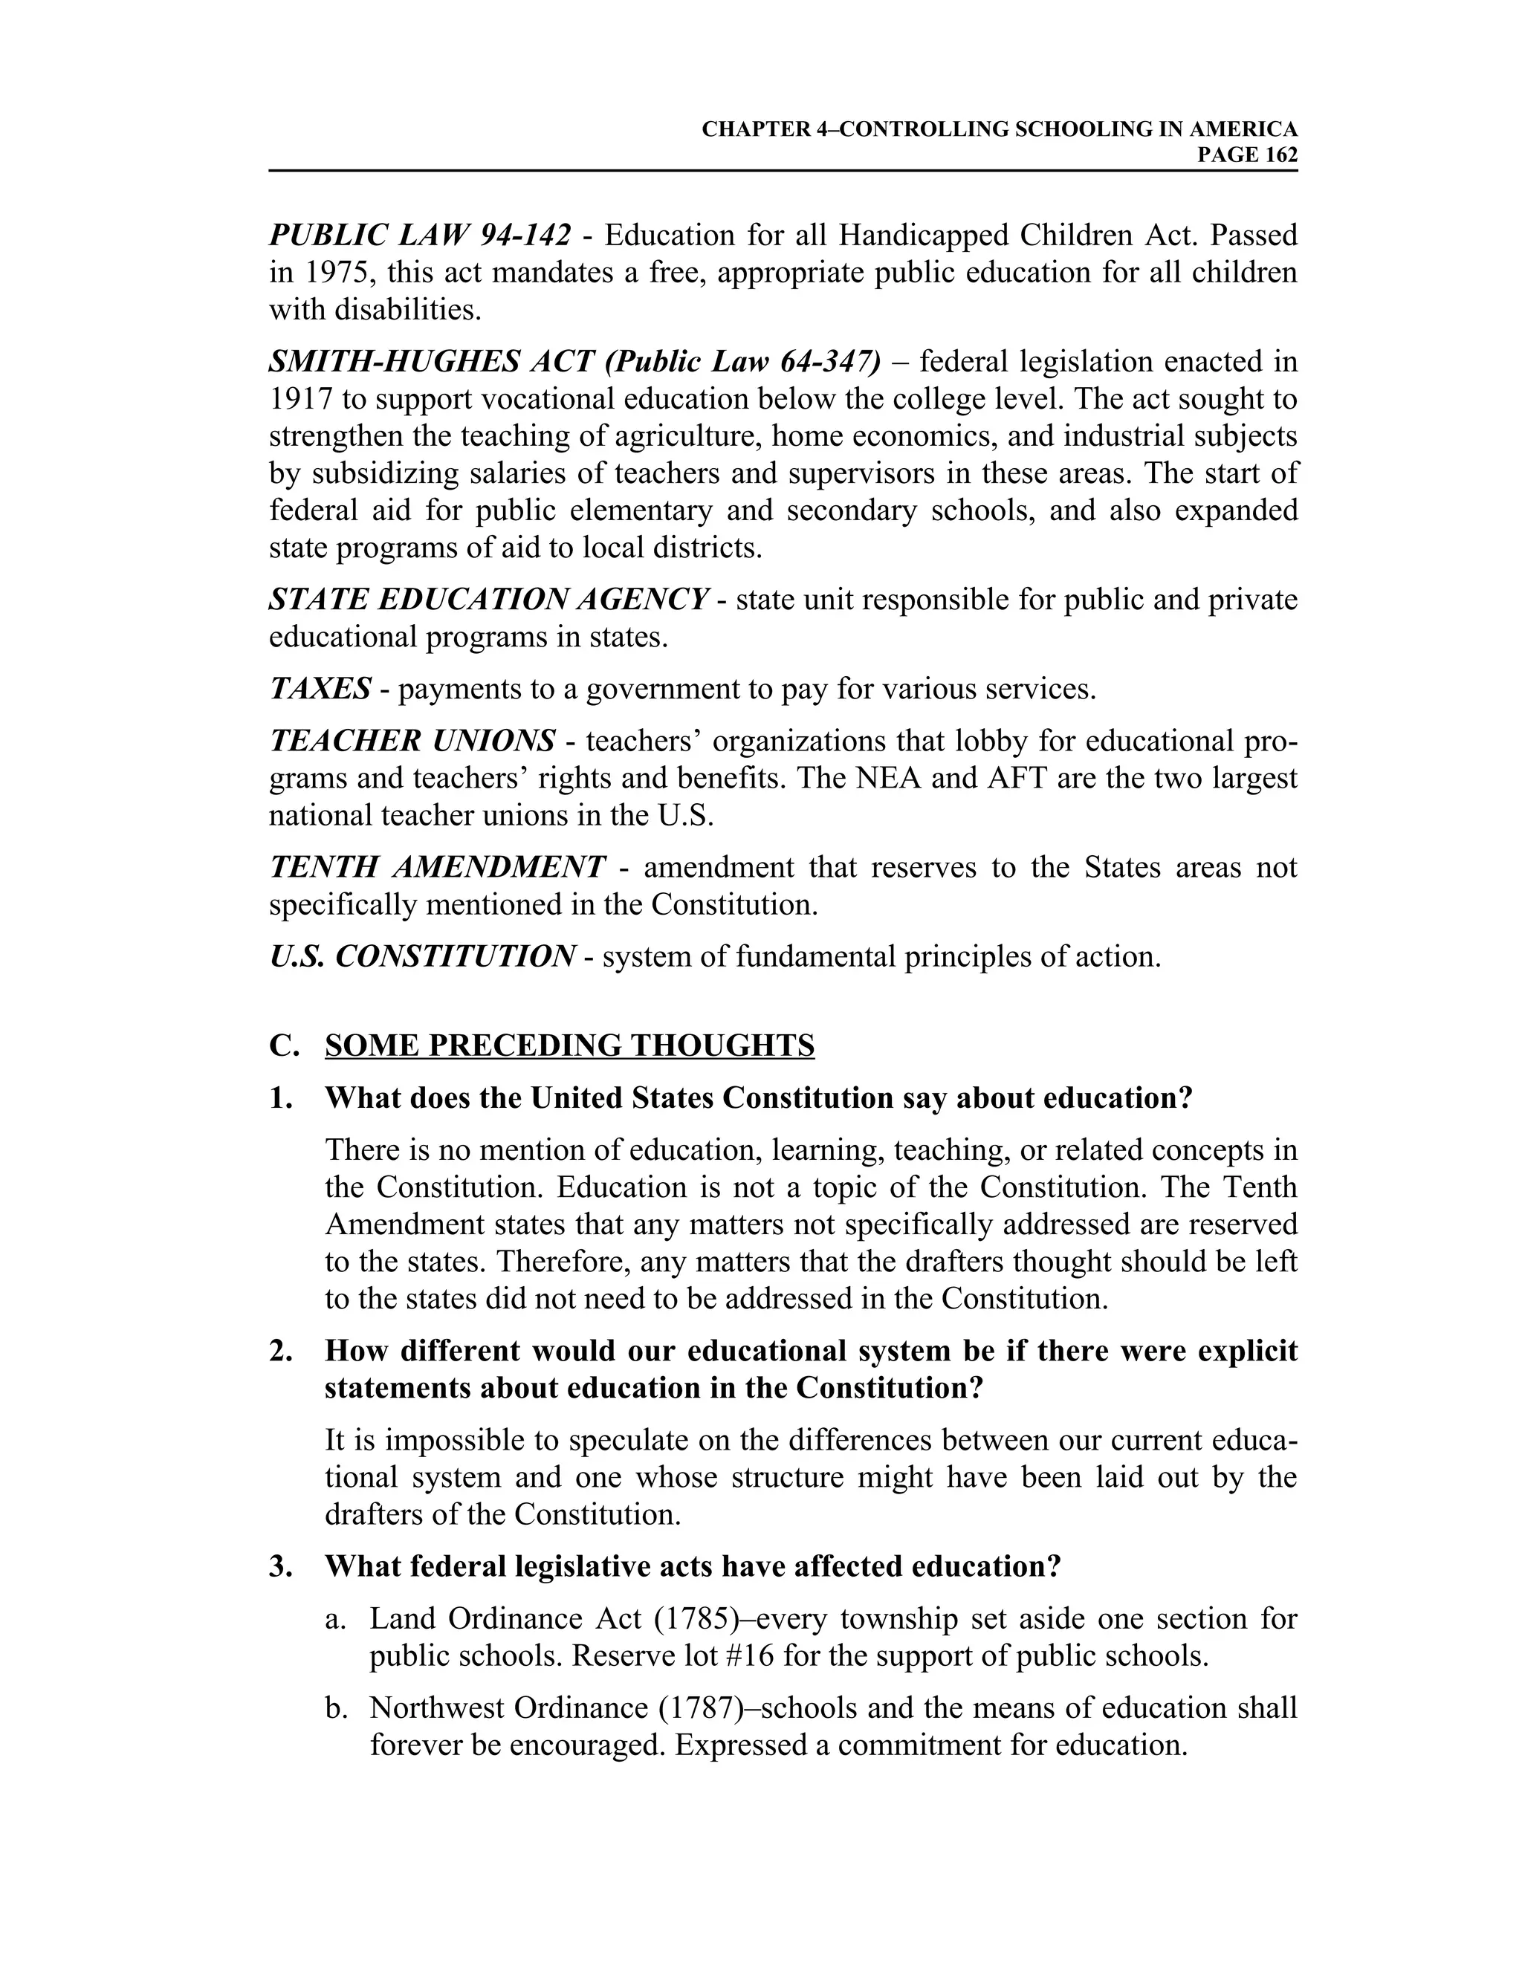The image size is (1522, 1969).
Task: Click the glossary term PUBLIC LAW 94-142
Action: point(419,236)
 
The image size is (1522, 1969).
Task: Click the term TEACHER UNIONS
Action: point(412,741)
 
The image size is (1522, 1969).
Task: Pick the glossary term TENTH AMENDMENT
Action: point(437,867)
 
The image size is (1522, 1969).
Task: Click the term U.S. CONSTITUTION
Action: point(421,956)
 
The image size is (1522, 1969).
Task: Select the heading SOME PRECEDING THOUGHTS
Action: point(569,1046)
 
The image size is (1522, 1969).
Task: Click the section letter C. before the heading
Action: point(283,1046)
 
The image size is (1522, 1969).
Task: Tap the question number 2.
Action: point(280,1351)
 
